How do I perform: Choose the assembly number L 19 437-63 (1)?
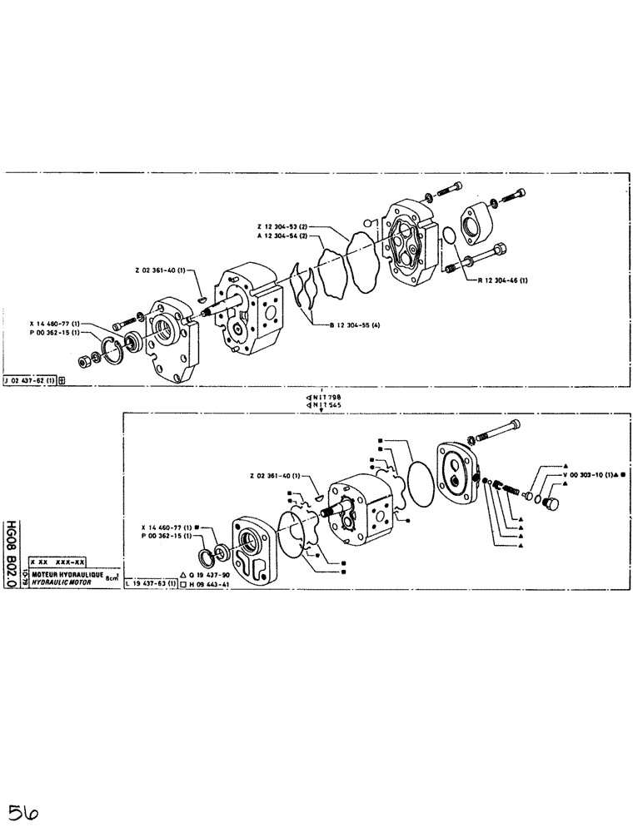point(150,584)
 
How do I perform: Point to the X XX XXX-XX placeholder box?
point(58,562)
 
